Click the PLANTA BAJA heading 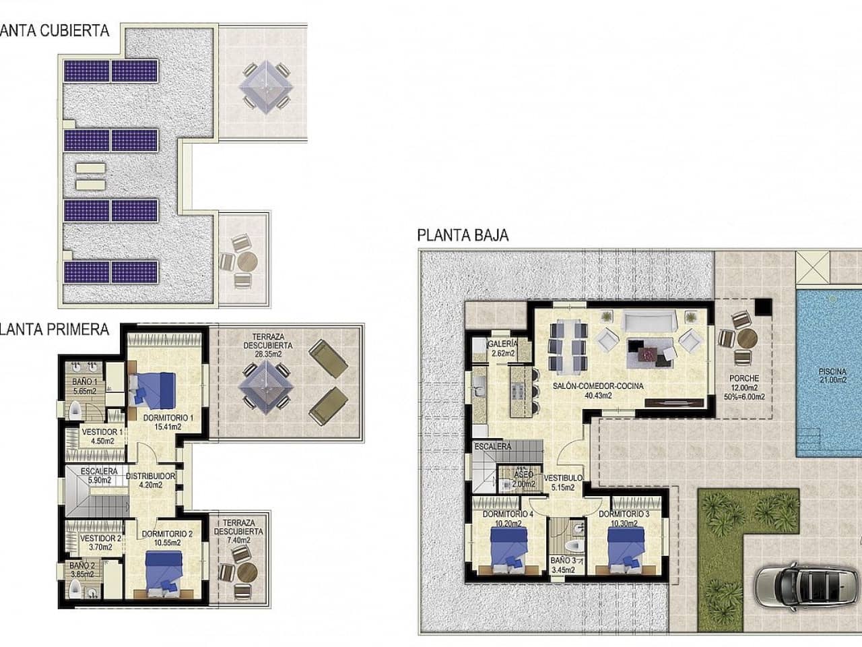pyautogui.click(x=463, y=235)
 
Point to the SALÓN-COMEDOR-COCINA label pyautogui.click(x=597, y=391)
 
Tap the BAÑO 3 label pyautogui.click(x=563, y=564)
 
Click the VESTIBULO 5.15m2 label pyautogui.click(x=562, y=483)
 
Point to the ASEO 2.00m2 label pyautogui.click(x=523, y=479)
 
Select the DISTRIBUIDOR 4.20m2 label pyautogui.click(x=151, y=480)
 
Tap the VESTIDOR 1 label pyautogui.click(x=101, y=437)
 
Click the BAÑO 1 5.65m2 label pyautogui.click(x=85, y=386)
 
